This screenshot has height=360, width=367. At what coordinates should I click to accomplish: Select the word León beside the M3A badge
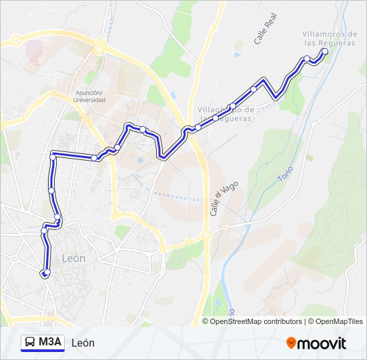pos(83,343)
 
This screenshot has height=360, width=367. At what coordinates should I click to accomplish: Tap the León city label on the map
pos(73,258)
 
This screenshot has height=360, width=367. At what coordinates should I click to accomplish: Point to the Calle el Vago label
pos(215,200)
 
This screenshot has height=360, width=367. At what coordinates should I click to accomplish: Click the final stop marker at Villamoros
pos(325,51)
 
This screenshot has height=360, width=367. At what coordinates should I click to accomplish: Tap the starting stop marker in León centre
pos(45,273)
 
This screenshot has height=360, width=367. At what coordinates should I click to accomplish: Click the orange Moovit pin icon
pos(292,343)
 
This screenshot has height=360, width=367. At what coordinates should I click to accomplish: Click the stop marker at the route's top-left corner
pos(53,157)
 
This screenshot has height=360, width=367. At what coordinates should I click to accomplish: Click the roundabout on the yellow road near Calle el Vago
pos(206,235)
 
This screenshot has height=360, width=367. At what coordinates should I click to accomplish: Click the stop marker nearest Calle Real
pos(254,89)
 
